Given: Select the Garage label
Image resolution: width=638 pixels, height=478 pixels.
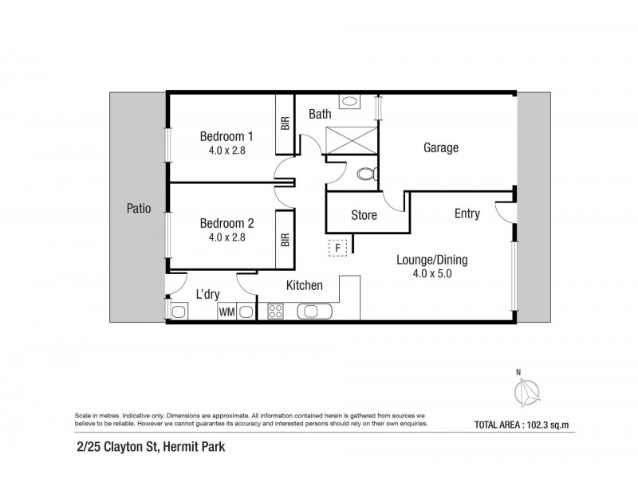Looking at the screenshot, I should point(440,147).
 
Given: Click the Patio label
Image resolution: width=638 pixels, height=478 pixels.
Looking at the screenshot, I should point(138,209).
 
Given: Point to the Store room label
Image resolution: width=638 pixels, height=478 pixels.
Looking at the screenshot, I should point(364,215).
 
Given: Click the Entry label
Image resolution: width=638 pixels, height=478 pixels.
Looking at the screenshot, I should point(467,214).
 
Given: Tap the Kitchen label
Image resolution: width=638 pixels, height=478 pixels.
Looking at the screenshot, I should point(304,285).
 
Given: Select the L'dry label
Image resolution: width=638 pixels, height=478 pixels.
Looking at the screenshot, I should point(207,295).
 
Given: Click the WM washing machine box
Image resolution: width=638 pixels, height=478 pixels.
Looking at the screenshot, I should point(226,311).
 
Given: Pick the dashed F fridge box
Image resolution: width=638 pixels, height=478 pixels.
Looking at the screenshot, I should point(338,248).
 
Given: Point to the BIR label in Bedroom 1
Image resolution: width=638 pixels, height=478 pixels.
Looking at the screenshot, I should point(285,123).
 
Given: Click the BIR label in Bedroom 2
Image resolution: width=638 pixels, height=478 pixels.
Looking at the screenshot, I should point(285,238).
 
